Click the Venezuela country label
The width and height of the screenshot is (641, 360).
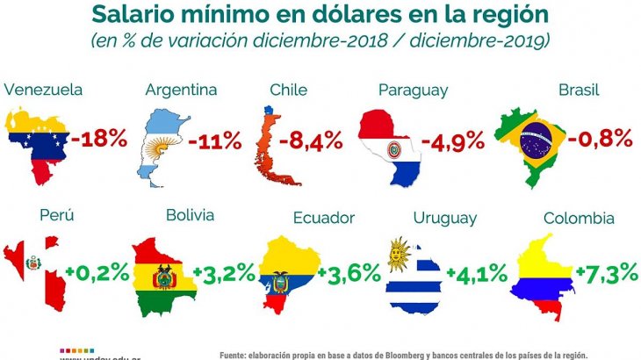[x=44, y=90]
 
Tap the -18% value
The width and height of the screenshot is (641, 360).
[x=99, y=138]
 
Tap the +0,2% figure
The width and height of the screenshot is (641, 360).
[x=96, y=272]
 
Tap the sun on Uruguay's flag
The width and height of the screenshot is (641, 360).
[x=400, y=255]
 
